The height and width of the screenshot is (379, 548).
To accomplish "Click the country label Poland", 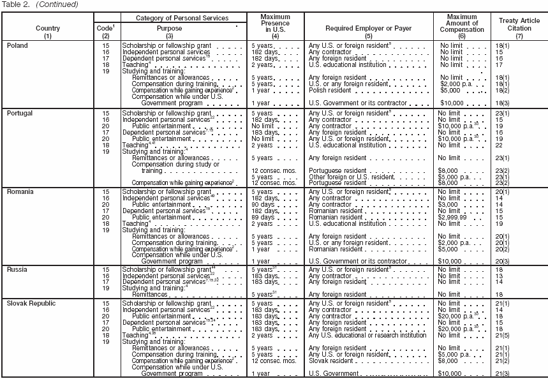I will (17, 47).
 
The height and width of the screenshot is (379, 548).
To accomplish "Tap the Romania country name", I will (20, 191).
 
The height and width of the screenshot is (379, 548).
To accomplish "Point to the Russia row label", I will (17, 270).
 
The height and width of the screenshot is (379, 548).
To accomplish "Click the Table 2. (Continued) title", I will (40, 4).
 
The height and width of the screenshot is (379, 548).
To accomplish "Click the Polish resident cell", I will (330, 90).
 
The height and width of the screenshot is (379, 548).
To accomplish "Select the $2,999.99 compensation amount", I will (454, 218).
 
